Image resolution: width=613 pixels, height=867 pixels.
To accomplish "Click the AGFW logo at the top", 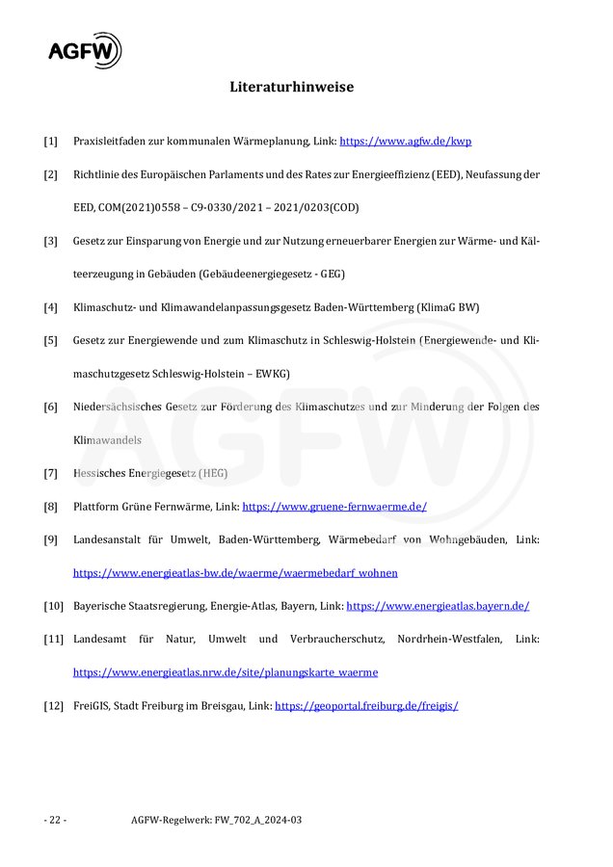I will click(85, 49).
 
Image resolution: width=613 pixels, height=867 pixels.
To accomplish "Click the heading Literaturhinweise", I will click(291, 87).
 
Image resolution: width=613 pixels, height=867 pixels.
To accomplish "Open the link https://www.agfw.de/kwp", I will click(405, 141).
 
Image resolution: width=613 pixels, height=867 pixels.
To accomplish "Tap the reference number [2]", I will click(50, 174).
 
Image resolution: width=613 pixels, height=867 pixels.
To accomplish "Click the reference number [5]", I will click(50, 340).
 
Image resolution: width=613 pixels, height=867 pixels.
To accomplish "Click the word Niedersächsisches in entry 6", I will click(118, 407).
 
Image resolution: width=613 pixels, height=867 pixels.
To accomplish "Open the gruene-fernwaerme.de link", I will click(333, 506).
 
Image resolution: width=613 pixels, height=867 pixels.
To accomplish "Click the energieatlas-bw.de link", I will click(235, 572).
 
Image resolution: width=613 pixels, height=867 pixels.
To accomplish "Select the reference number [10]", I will click(53, 606).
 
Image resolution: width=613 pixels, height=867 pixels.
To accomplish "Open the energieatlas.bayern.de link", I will click(438, 606).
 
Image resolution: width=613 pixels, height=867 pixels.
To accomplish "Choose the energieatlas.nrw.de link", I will click(226, 672).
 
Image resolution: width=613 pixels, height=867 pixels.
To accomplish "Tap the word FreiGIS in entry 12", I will click(91, 705).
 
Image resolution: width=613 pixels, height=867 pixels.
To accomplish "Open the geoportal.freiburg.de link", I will click(366, 705).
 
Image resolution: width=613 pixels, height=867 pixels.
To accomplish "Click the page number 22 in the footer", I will click(55, 820).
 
